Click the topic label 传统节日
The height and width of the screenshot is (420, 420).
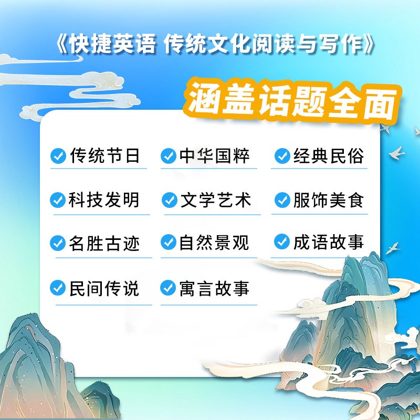coord(104,155)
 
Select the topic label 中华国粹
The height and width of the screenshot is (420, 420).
coord(215,155)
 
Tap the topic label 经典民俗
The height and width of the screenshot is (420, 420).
coord(329,155)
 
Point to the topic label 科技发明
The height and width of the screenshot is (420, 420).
coord(104,200)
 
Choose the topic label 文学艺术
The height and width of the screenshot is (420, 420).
coord(216,200)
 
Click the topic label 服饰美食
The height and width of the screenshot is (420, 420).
coord(329,200)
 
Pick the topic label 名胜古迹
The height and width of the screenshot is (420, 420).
coord(104,243)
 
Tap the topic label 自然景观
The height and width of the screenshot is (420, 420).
coord(214,243)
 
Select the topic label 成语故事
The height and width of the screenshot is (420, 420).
coord(329,242)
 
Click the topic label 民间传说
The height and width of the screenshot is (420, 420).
coord(104,288)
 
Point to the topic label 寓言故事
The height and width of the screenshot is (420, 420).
coord(215,288)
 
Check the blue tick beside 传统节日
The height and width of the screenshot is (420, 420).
coord(58,155)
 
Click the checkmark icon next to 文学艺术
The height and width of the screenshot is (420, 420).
coord(170,200)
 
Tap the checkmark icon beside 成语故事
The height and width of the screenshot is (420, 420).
coord(282,241)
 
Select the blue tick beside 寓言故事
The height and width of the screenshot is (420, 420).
coord(168,288)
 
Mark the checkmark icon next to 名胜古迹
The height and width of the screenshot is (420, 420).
coord(58,243)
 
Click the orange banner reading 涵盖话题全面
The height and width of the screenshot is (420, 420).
coord(292,101)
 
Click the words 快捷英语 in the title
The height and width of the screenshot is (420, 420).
coord(112,44)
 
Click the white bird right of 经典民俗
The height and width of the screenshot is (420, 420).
coord(397,153)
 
